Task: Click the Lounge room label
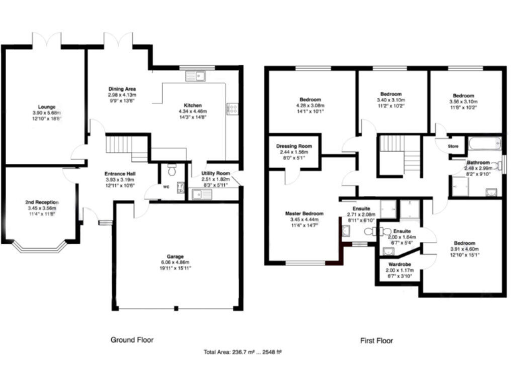tap(47, 107)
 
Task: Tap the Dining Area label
tap(122, 89)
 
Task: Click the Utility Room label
tap(216, 173)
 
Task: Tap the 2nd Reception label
tap(41, 202)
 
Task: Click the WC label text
tap(166, 187)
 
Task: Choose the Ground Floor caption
tap(132, 340)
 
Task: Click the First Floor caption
tap(377, 341)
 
